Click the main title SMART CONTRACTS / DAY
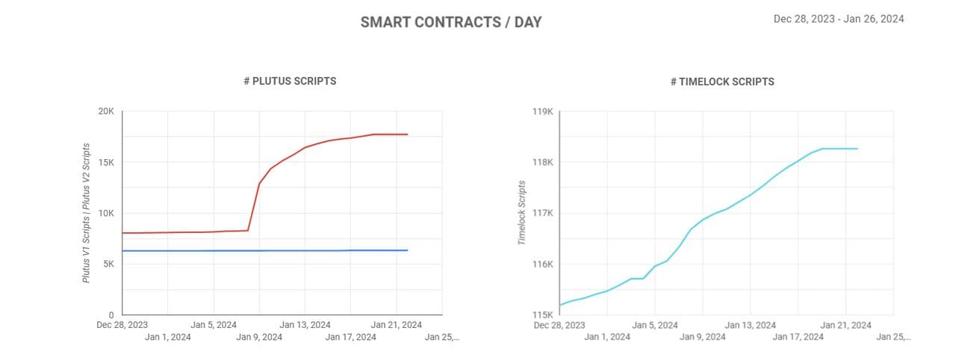[x=451, y=22]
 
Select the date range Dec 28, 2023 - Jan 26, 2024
[x=839, y=19]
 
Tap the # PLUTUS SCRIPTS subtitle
[x=290, y=81]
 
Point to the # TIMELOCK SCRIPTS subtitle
[x=722, y=81]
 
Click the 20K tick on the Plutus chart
[x=106, y=111]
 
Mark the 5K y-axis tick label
[x=108, y=264]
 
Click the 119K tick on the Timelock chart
[x=542, y=111]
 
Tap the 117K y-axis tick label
[x=542, y=213]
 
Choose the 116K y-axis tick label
[x=542, y=264]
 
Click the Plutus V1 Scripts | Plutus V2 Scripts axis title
[x=87, y=213]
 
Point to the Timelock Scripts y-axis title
[x=522, y=213]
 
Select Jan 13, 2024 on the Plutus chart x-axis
[x=305, y=325]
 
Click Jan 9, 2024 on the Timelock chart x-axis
[x=702, y=337]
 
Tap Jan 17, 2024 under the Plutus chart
[x=351, y=337]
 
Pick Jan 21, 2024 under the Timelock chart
[x=845, y=325]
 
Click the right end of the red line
[x=407, y=134]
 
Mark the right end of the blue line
[x=407, y=250]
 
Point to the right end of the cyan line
[x=857, y=149]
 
